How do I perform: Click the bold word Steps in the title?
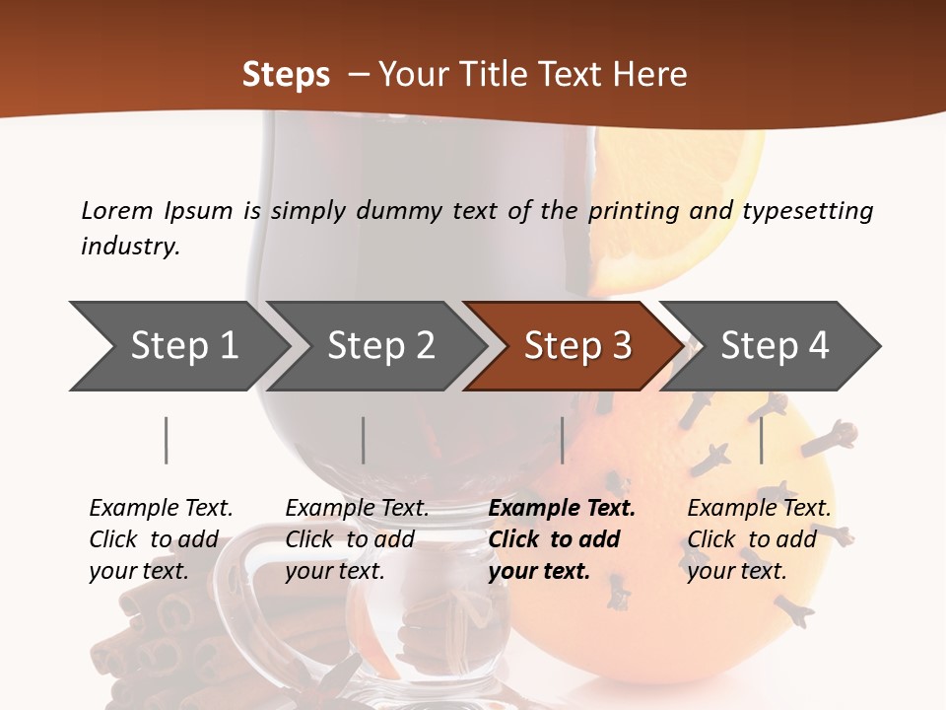pos(286,74)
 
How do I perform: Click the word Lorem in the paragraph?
pos(117,210)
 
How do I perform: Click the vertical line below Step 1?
pos(166,440)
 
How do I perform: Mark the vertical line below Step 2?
pos(363,440)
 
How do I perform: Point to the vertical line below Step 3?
pos(562,440)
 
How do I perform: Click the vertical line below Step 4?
pos(761,440)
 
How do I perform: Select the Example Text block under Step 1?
pos(161,539)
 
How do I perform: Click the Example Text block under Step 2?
pos(357,539)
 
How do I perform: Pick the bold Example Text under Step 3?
pos(562,539)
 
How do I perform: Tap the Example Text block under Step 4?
pos(759,539)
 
